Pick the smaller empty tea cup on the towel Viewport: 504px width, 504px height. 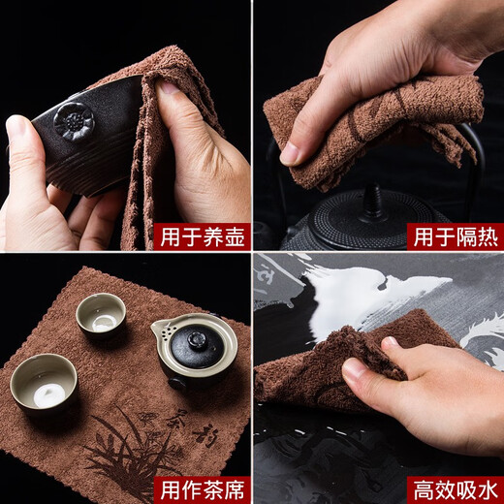(101, 312)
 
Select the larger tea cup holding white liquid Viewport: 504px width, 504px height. (44, 379)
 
